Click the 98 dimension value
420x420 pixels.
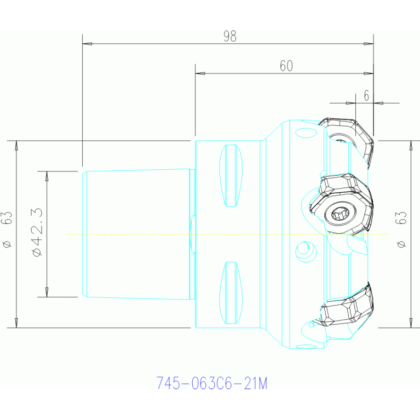tap(230, 37)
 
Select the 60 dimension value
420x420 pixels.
tap(286, 66)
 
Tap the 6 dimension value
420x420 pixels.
tap(366, 96)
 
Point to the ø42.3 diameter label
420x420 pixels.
tap(37, 232)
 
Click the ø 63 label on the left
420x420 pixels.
tap(7, 229)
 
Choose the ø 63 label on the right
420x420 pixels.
tap(401, 229)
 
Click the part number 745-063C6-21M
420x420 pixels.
tap(212, 383)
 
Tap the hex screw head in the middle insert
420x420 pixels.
tap(341, 214)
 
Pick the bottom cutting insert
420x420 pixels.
tap(347, 306)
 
